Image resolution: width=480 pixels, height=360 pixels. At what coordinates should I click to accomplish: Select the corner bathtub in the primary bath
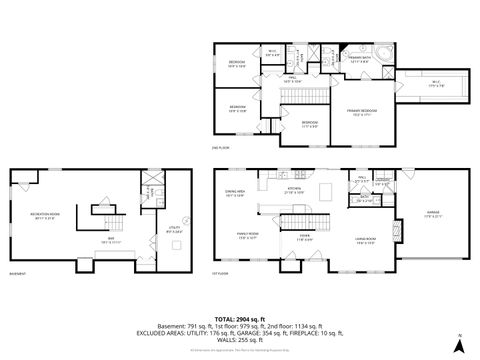(385, 51)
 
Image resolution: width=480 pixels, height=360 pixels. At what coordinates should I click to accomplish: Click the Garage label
(433, 214)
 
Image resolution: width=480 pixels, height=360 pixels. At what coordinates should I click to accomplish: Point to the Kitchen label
(295, 189)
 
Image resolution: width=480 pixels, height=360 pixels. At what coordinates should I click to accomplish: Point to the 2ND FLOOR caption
(222, 148)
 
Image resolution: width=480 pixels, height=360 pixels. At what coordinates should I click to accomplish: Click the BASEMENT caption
(17, 273)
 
